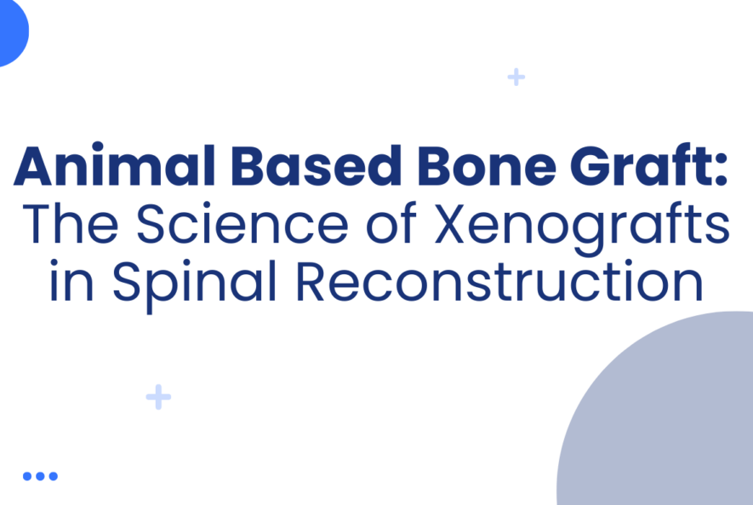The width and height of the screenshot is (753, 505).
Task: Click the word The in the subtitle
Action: pos(67,225)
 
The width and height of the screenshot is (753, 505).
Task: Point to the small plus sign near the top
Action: pos(516,77)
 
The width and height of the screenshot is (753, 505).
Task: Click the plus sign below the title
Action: pos(158,397)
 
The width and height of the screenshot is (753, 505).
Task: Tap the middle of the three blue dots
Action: pos(40,476)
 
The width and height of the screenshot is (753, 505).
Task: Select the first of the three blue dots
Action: pos(27,476)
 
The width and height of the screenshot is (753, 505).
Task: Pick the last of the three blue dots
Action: pos(53,476)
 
